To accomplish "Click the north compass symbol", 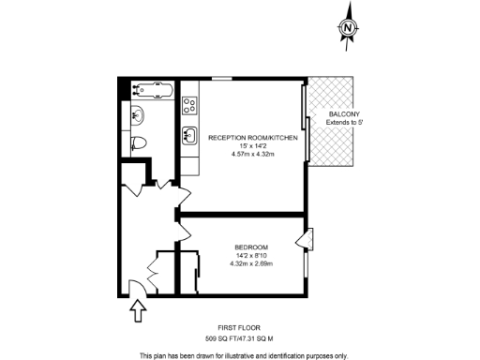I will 348,28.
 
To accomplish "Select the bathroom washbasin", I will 137,116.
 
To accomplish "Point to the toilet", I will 139,142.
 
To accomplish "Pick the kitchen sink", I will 188,132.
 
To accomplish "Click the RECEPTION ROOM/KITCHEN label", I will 253,138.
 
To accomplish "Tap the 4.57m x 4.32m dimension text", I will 253,154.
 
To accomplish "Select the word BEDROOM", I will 251,247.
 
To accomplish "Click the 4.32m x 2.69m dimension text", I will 251,263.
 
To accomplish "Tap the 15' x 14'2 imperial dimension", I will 253,146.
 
